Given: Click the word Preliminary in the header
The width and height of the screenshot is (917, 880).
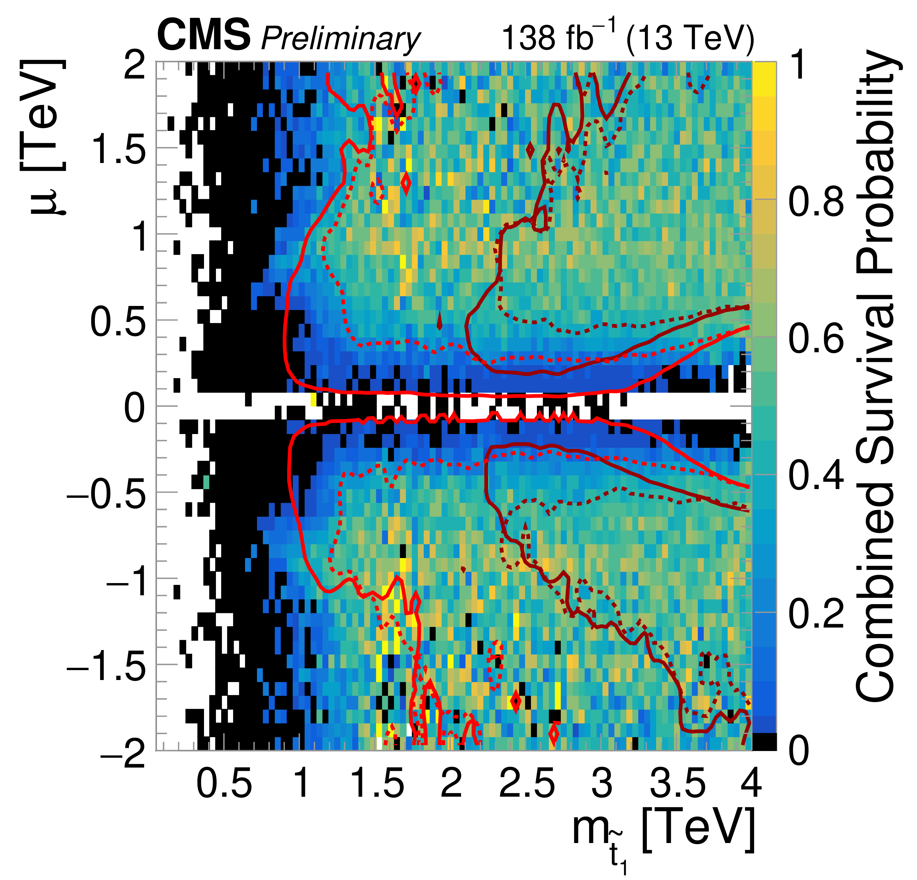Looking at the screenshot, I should [x=340, y=38].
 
